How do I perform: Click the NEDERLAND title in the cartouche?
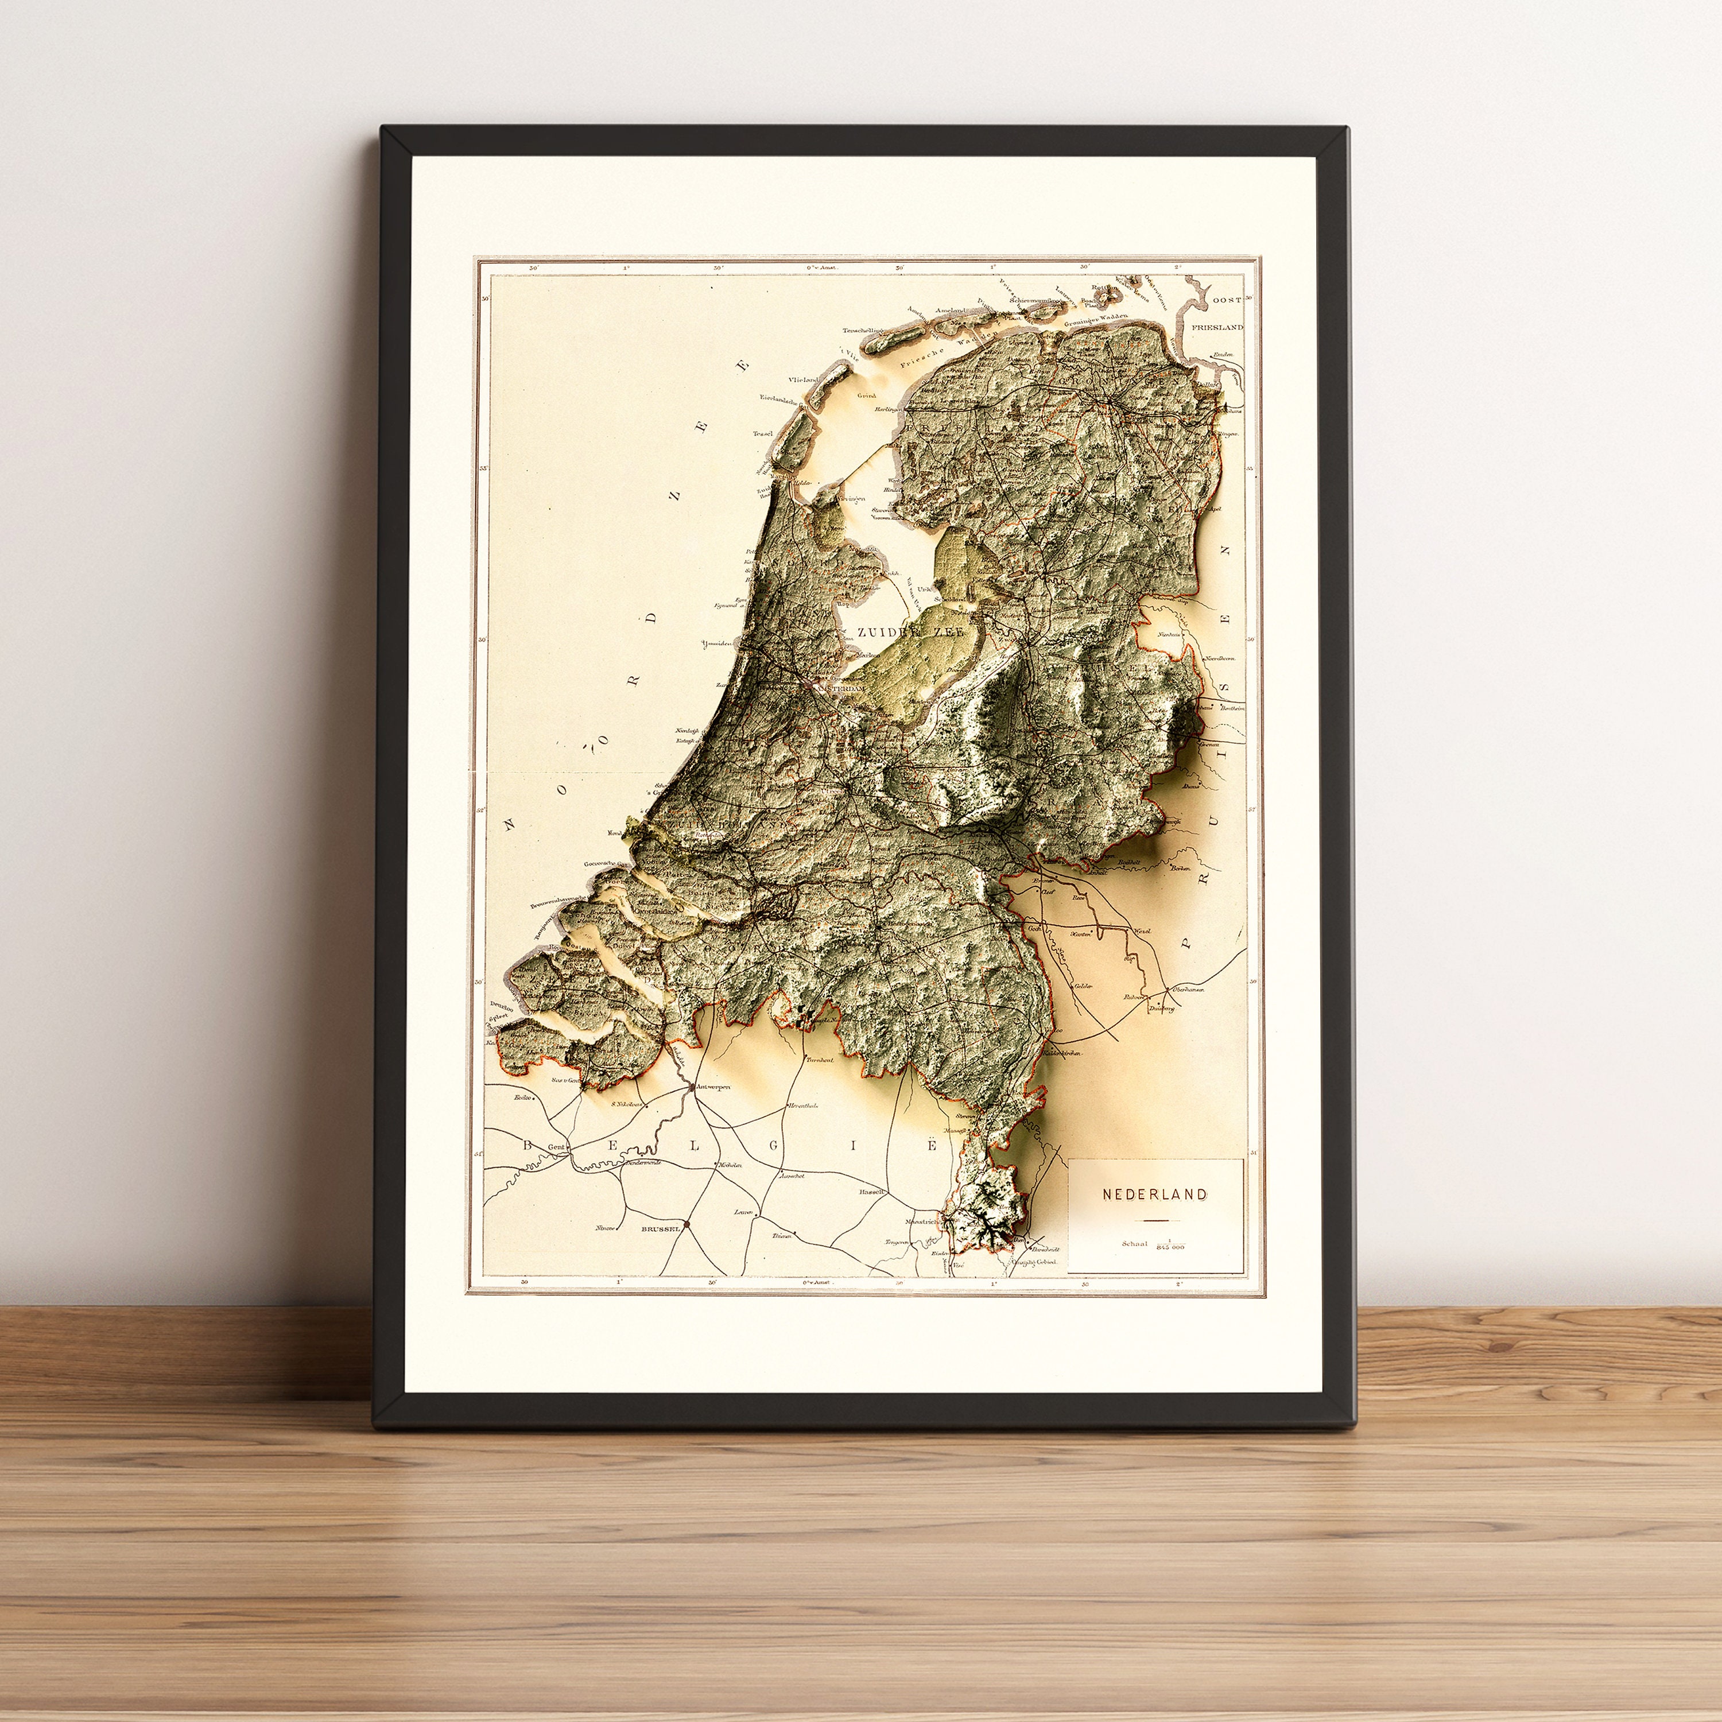tap(1154, 1193)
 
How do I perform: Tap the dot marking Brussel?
tap(687, 1225)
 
